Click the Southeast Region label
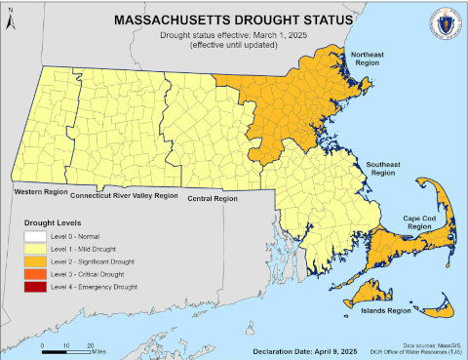383,171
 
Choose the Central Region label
213,199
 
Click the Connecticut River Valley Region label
126,196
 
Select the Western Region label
41,192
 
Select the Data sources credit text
413,346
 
